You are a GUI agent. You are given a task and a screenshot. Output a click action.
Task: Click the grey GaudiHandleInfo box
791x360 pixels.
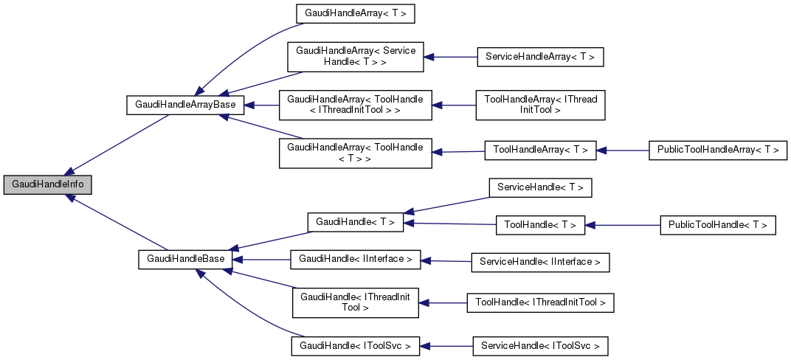(47, 185)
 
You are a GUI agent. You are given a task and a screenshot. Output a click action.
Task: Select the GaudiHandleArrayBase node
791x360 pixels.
(185, 105)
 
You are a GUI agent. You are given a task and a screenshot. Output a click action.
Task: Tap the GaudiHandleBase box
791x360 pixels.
(185, 259)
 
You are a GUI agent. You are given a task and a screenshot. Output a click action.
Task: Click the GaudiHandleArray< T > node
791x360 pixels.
(350, 13)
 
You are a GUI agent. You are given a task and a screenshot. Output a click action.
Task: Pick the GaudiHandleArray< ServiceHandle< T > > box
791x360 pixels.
(356, 56)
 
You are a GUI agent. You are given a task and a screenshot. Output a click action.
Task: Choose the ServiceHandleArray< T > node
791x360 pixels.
(541, 56)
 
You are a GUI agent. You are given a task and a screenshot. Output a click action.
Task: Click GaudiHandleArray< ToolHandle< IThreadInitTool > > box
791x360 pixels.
(355, 104)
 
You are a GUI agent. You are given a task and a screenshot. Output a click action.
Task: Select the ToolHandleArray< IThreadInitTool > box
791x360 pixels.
(540, 104)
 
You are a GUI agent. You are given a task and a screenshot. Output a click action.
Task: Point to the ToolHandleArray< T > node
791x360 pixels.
(539, 150)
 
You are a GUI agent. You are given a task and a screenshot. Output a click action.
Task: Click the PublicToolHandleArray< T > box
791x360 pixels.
(717, 150)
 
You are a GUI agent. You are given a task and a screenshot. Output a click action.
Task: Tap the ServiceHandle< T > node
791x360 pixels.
(540, 187)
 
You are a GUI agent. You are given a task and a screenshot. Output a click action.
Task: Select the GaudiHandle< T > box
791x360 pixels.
(355, 221)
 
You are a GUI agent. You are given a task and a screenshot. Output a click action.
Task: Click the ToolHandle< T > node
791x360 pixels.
(540, 225)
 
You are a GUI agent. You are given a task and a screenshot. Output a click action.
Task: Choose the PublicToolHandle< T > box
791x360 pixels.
(717, 225)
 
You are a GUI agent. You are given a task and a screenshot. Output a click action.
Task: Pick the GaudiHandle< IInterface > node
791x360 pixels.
(356, 259)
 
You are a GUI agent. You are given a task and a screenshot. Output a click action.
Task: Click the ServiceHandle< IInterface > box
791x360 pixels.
(540, 261)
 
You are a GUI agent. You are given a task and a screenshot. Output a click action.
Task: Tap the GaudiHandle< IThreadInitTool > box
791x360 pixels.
(356, 302)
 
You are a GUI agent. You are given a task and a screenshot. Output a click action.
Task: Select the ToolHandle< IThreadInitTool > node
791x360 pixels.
(540, 302)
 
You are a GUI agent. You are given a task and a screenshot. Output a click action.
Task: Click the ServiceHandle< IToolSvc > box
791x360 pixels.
(540, 345)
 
